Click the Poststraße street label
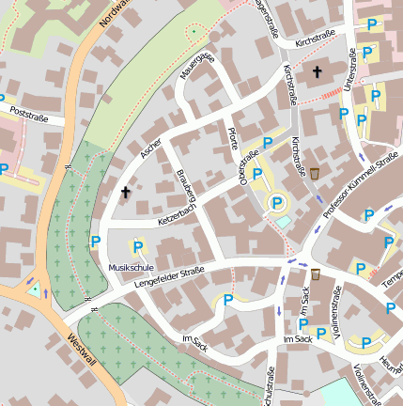(27, 117)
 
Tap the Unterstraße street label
(353, 70)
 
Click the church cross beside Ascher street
(125, 193)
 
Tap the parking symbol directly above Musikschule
(138, 247)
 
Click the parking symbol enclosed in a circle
(277, 201)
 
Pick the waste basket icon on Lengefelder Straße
(316, 273)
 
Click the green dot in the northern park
(194, 32)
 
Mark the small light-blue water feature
(283, 222)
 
